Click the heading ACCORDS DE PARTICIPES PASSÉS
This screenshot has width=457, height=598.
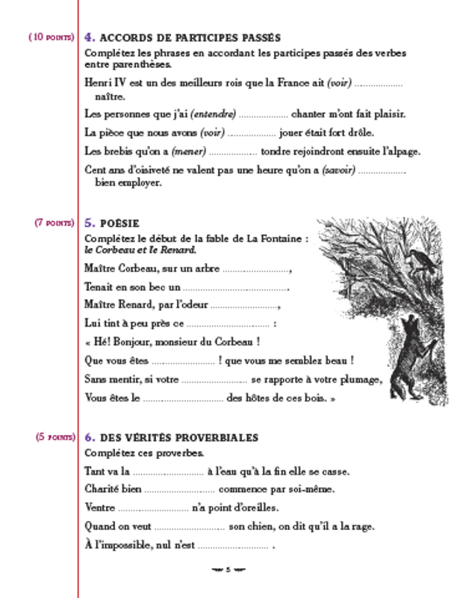[190, 37]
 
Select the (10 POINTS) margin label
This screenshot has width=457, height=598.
[51, 37]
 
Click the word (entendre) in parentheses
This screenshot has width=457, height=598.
[214, 114]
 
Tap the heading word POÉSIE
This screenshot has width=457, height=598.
[119, 223]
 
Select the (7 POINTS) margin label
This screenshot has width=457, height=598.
[54, 223]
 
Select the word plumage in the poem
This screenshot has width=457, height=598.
[360, 379]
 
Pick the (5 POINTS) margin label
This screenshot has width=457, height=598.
[55, 437]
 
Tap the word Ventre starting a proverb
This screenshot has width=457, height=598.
[101, 508]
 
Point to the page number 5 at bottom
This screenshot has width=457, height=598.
[228, 570]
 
